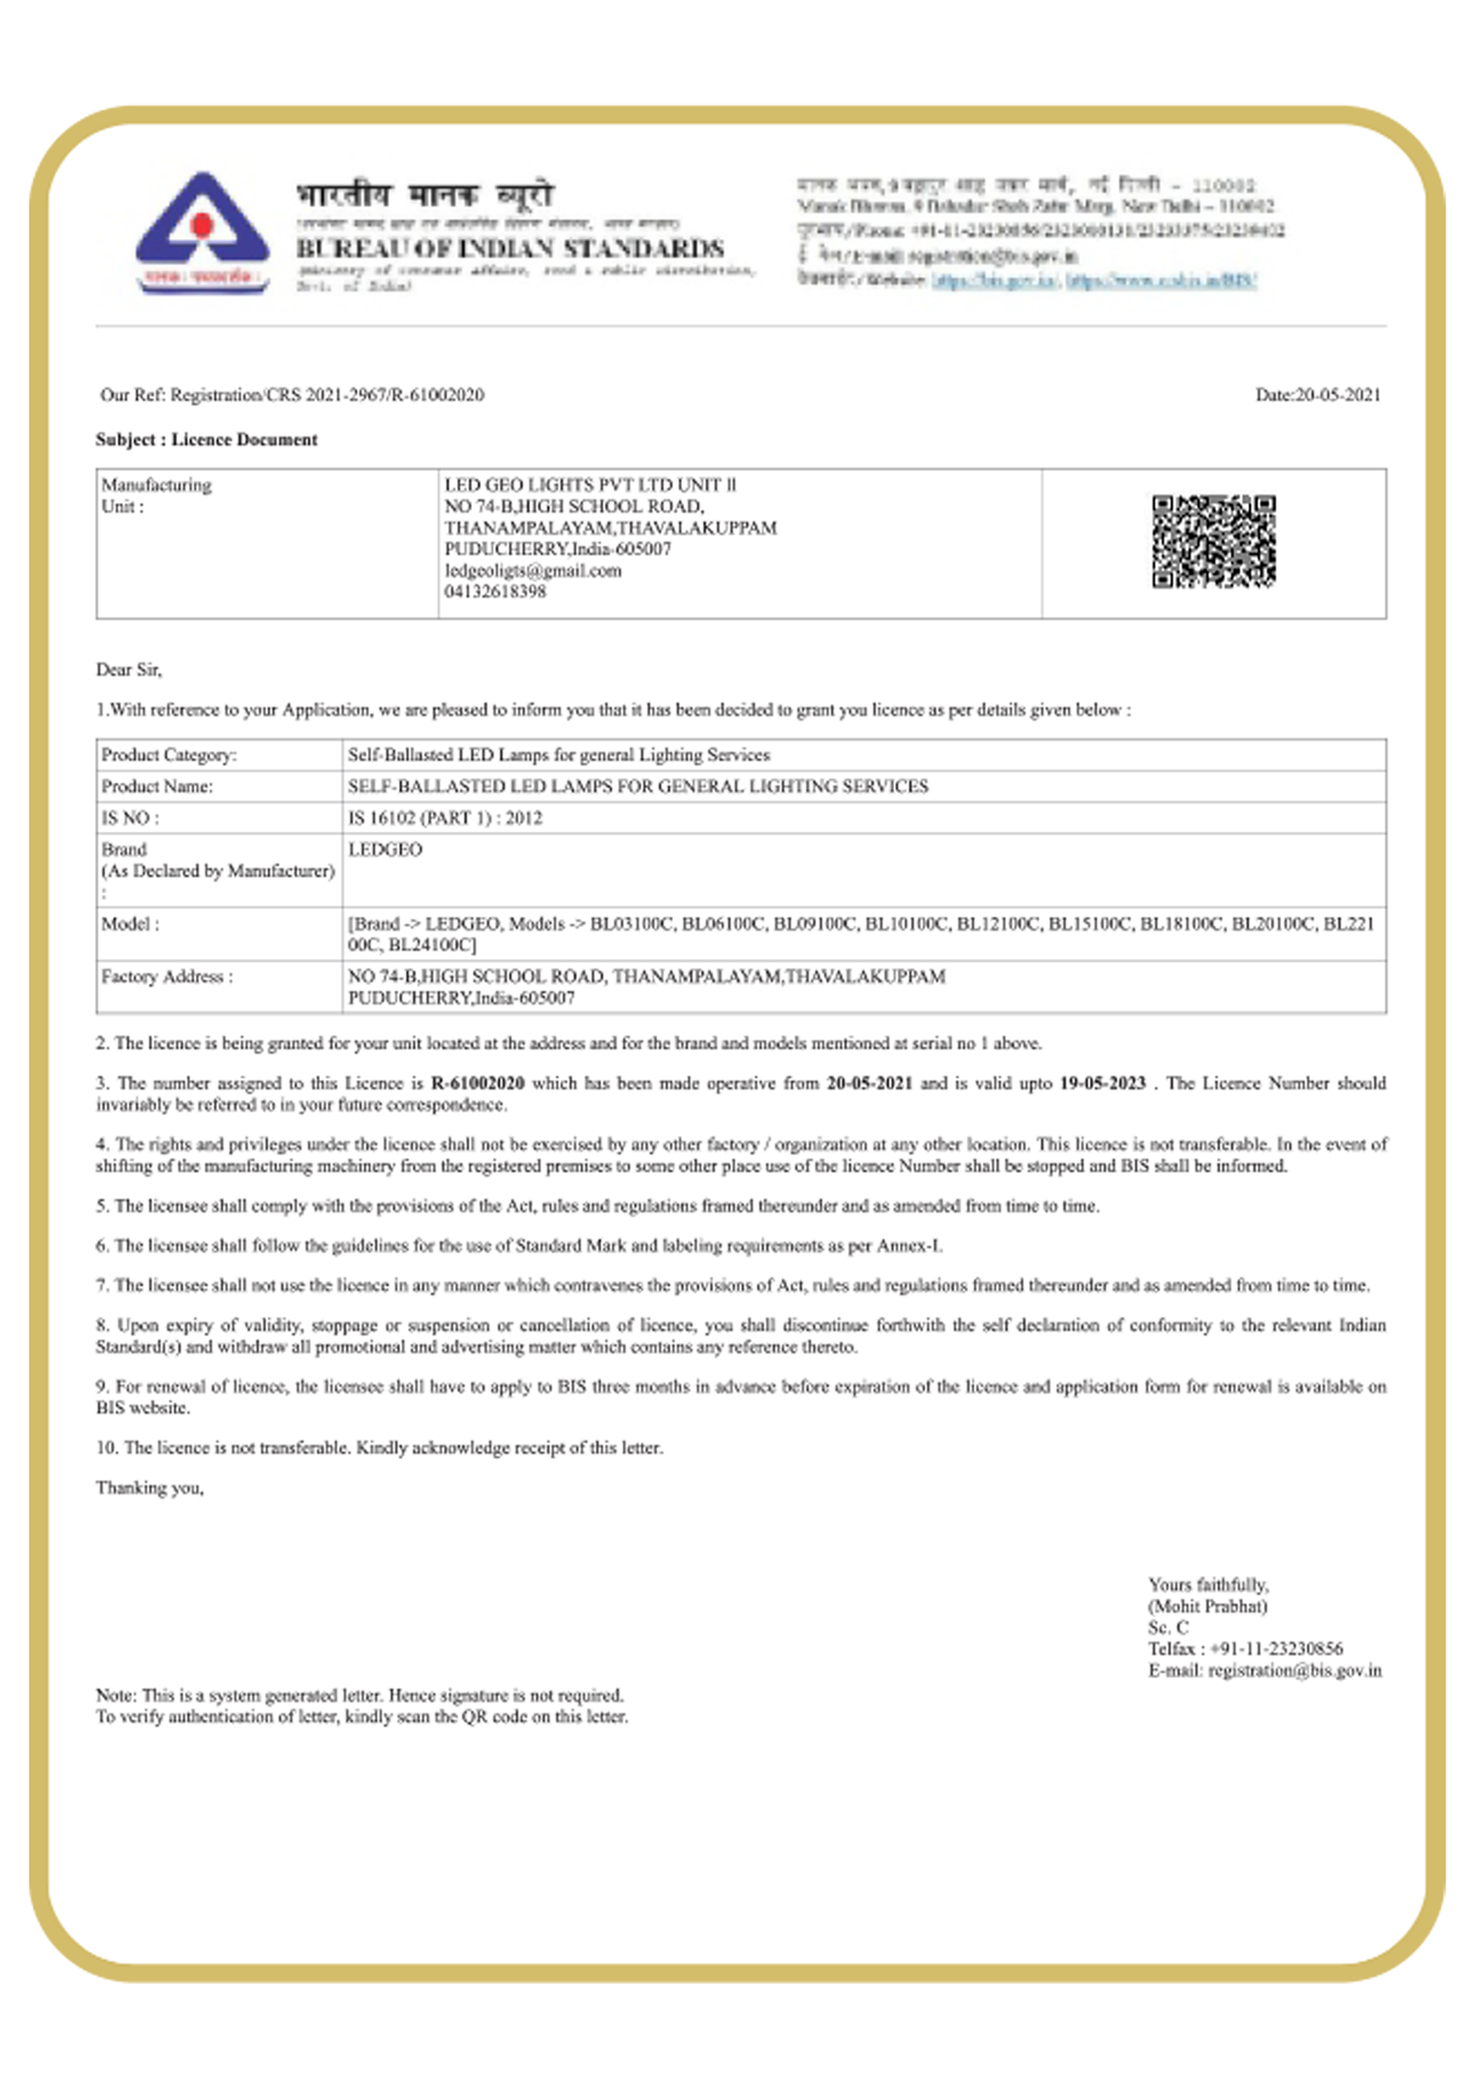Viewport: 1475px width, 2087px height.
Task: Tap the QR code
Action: click(x=1213, y=541)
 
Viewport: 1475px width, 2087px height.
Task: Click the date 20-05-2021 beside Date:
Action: click(x=1338, y=395)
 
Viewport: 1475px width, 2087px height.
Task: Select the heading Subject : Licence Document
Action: click(x=206, y=440)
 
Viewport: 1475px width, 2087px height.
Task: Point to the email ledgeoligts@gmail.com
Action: click(x=533, y=571)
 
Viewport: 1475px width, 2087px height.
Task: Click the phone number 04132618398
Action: click(x=495, y=592)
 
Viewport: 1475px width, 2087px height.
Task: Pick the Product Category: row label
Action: click(x=169, y=755)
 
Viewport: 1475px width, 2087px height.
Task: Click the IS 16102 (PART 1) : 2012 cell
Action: click(x=445, y=818)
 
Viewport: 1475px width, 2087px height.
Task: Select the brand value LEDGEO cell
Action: click(x=385, y=849)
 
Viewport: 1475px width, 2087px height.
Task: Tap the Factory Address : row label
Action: click(x=167, y=977)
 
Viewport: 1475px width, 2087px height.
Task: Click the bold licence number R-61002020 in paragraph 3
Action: click(x=478, y=1084)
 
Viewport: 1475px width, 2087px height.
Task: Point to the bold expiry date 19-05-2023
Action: click(x=1102, y=1084)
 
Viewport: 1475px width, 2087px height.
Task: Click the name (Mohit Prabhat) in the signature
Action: click(x=1208, y=1607)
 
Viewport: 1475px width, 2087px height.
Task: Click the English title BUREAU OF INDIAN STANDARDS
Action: click(x=510, y=248)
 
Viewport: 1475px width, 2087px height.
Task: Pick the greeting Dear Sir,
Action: click(x=129, y=670)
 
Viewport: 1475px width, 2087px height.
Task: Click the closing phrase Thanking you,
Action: click(x=149, y=1488)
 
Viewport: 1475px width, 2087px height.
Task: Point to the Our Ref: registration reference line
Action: click(x=292, y=395)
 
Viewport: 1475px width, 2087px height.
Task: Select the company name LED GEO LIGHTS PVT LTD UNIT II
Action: click(x=590, y=485)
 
